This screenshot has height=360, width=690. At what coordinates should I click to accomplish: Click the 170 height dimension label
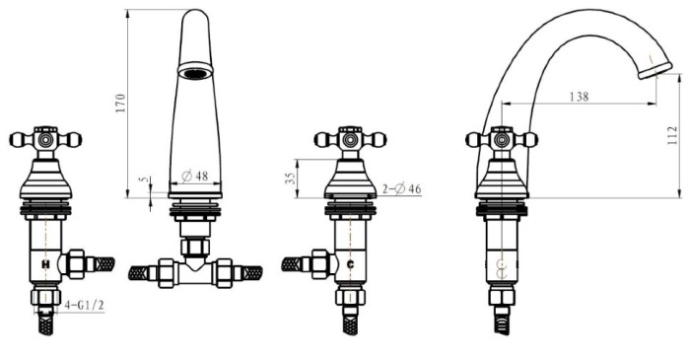tap(120, 103)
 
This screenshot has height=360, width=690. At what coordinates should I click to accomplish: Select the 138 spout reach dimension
tap(579, 97)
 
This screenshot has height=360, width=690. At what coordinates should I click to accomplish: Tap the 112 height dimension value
tap(672, 136)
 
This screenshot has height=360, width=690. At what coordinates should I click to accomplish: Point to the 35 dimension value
tap(291, 179)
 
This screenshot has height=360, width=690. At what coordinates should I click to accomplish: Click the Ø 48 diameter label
tap(194, 176)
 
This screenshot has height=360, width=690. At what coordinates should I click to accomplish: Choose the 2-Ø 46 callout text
tap(402, 189)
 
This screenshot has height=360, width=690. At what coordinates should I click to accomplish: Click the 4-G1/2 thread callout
tap(84, 305)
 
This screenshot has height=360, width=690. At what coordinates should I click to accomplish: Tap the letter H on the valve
tap(45, 264)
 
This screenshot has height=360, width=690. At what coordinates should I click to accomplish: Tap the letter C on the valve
tap(350, 264)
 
